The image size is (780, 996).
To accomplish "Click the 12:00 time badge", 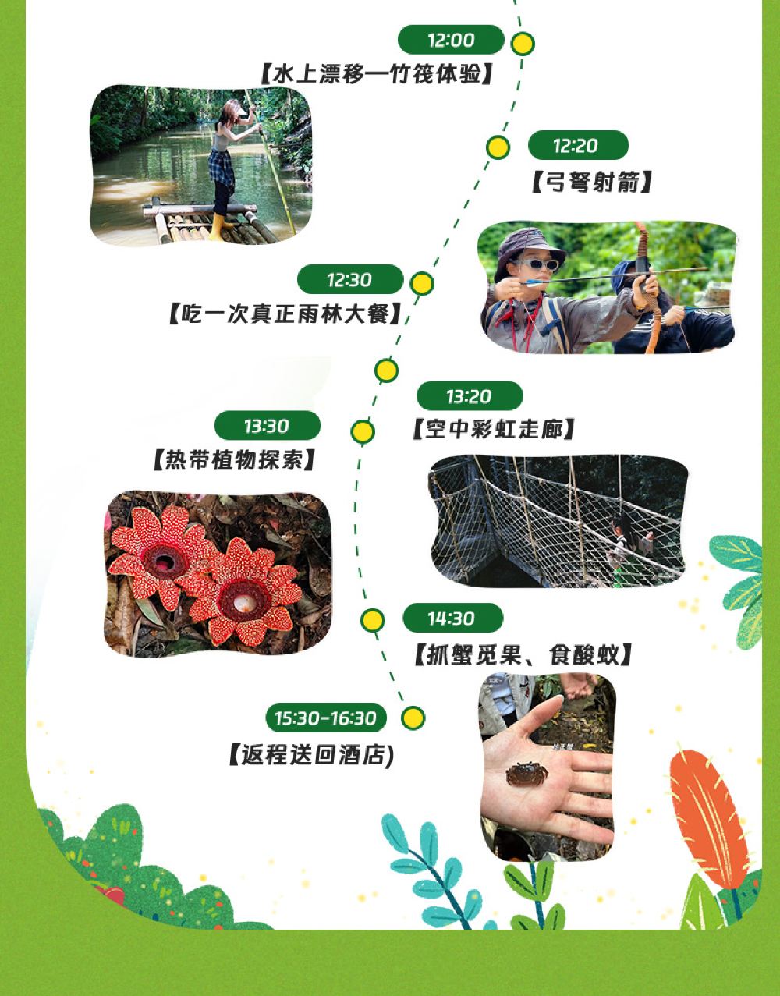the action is (451, 40).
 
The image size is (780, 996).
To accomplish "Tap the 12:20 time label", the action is (578, 145).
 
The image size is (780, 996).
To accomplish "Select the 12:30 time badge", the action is (350, 279).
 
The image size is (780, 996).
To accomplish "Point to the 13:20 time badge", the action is (470, 395).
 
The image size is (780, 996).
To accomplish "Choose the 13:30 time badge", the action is (268, 426).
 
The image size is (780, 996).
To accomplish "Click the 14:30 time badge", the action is (452, 618).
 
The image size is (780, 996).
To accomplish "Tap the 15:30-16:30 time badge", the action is (326, 718).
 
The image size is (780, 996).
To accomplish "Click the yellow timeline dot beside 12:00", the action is (523, 44).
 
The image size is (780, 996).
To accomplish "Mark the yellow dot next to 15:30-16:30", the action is (413, 718).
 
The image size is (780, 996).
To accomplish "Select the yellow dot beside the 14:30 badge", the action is (373, 620).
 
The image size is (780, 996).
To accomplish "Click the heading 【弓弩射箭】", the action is (592, 182).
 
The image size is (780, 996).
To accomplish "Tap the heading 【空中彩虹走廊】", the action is (494, 430).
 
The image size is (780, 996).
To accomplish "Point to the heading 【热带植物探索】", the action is (234, 459).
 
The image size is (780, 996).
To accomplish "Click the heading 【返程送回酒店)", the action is (311, 755).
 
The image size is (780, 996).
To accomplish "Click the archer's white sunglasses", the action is (536, 264).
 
